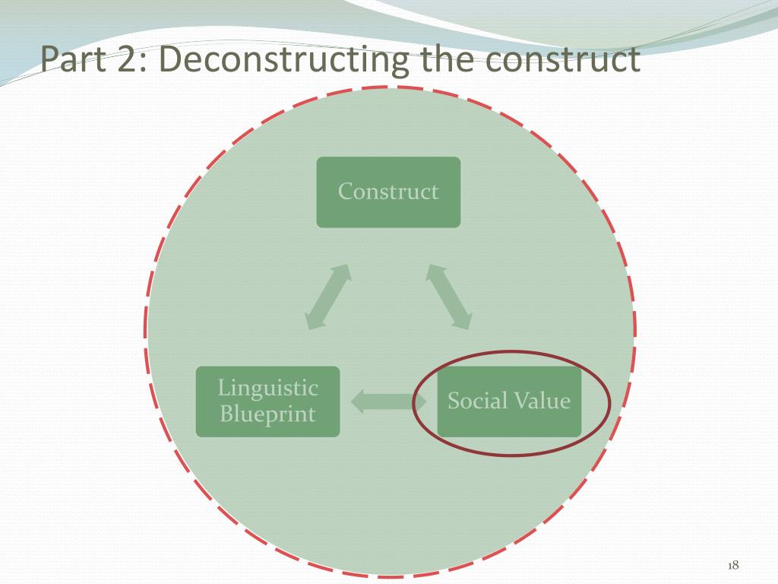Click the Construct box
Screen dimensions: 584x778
coord(388,192)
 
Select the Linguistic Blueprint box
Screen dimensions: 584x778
coord(267,401)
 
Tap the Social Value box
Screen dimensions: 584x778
coord(509,401)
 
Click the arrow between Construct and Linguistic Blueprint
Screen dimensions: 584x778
coord(327,297)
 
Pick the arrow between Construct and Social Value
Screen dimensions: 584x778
coord(450,297)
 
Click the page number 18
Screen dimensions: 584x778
coord(733,565)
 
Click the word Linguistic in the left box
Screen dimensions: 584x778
coord(267,388)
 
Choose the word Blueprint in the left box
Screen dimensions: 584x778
coord(267,415)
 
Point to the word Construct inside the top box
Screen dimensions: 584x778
coord(388,191)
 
